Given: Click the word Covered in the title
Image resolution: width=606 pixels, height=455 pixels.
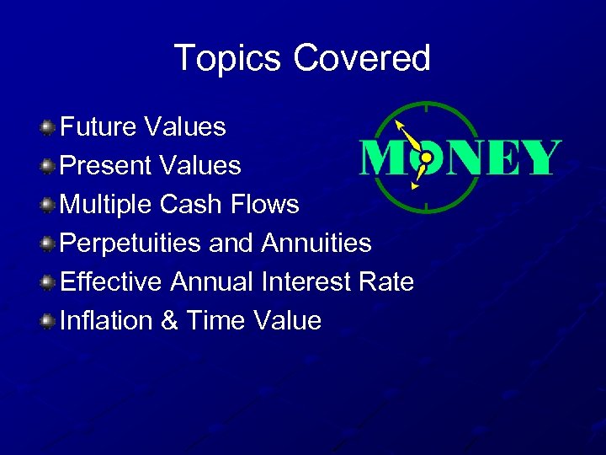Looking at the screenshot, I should coord(362,59).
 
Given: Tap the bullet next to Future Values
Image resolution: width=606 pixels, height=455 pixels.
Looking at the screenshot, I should coord(49,127).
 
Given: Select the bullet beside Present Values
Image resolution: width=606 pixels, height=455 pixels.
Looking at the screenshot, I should coord(49,166).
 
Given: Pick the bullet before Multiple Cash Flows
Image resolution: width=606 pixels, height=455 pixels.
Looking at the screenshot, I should coord(49,205).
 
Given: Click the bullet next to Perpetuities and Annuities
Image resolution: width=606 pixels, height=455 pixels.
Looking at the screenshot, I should coord(49,244).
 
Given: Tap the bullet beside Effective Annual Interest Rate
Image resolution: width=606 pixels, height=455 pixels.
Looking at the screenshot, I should coord(49,282).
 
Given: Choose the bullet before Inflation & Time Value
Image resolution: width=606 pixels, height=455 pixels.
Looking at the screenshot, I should coord(49,321).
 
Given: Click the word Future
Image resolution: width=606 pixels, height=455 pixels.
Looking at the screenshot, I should coord(98,127).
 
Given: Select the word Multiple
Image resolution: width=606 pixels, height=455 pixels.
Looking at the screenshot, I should coord(107,205).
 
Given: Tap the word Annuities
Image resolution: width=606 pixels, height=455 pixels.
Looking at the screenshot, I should coord(316,244).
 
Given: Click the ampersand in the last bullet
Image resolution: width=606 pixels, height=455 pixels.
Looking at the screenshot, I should coord(169,321).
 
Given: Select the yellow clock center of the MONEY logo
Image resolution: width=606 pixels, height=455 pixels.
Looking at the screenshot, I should coord(426,158).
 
